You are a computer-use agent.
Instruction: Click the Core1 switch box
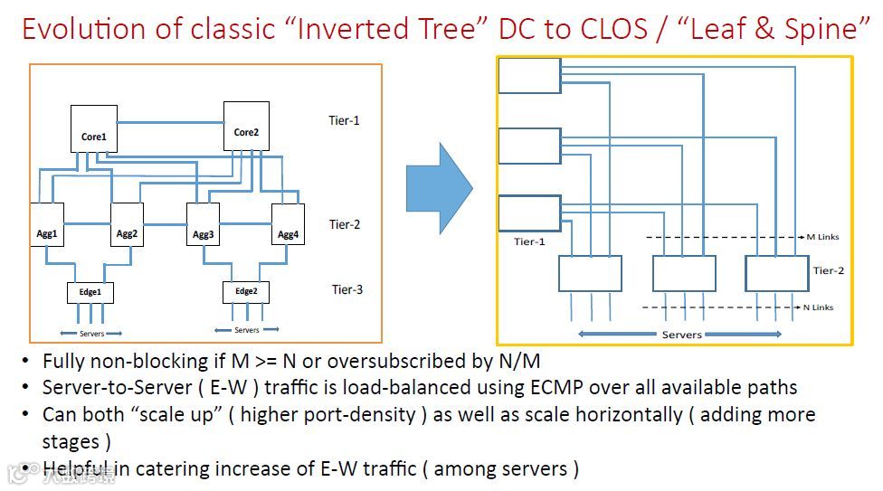[x=94, y=128]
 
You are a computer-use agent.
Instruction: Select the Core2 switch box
[x=246, y=125]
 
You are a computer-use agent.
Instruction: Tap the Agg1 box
[x=47, y=225]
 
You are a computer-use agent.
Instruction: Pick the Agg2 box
[x=127, y=225]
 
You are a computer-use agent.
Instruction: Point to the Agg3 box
[x=203, y=225]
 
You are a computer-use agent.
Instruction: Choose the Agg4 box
[x=288, y=225]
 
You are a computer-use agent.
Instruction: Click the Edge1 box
[x=90, y=293]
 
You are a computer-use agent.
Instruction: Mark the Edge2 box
[x=246, y=292]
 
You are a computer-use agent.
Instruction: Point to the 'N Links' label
[x=818, y=307]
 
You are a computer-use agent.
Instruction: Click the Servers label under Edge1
[x=91, y=334]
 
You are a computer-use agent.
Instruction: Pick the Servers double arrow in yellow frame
[x=681, y=335]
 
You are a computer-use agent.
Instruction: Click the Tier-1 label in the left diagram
[x=344, y=120]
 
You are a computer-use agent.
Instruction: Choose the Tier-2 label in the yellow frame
[x=828, y=270]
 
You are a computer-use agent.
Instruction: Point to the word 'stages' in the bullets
[x=70, y=442]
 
